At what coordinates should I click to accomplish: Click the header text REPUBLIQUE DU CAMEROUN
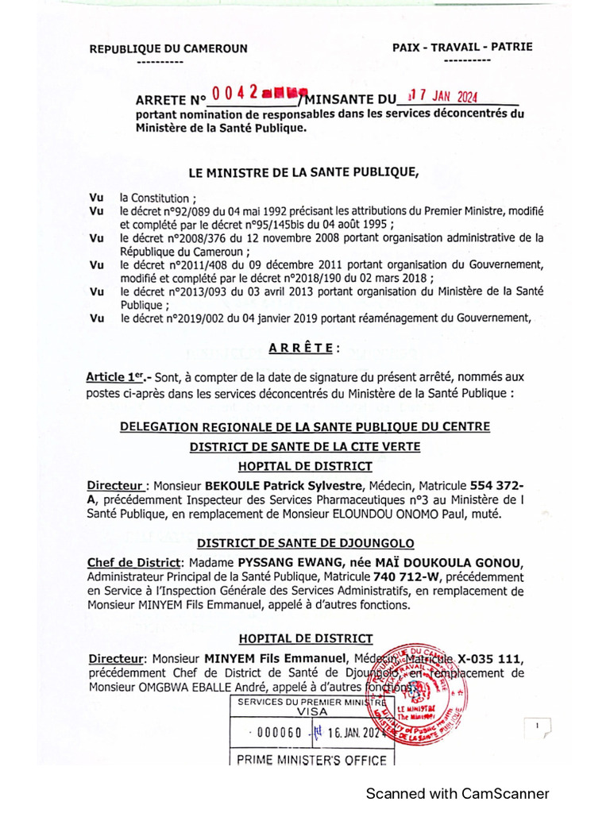[x=168, y=48]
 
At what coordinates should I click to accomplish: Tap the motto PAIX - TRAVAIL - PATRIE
[x=462, y=48]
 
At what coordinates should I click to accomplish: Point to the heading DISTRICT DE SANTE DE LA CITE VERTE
[x=304, y=447]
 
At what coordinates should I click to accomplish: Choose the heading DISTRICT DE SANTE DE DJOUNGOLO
[x=305, y=543]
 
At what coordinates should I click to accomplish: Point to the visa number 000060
[x=276, y=733]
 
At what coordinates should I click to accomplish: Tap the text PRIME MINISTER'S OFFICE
[x=311, y=761]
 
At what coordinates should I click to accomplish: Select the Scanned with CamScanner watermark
[x=457, y=793]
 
